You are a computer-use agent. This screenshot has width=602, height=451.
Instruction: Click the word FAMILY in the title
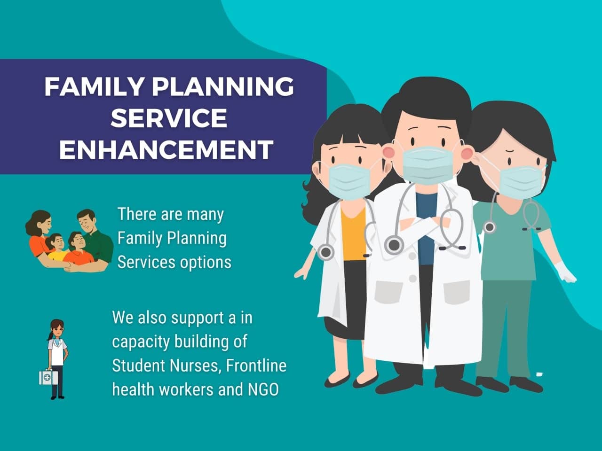94,86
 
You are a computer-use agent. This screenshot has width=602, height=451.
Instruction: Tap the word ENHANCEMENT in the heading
166,149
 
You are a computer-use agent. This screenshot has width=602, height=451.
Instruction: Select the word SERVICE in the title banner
169,118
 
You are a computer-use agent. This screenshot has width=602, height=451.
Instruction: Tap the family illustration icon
70,241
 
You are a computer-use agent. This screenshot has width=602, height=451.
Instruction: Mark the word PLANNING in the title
223,86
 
